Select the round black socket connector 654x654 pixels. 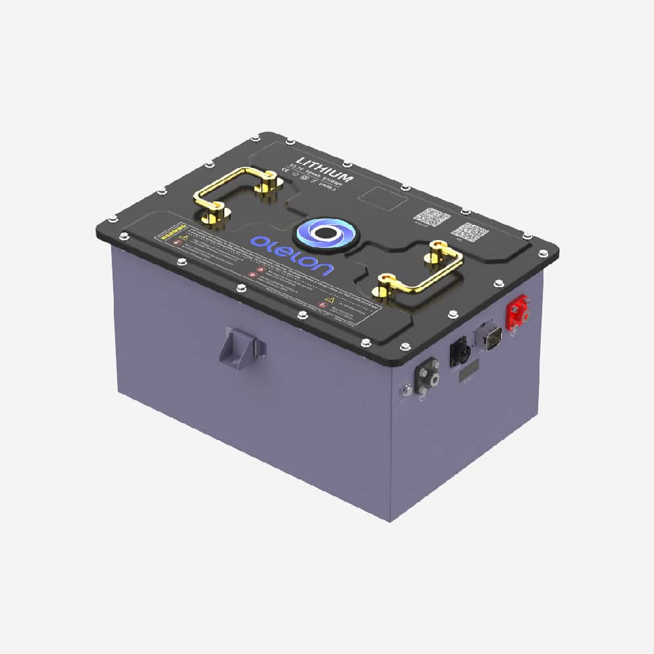457,354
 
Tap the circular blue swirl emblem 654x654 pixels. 322,233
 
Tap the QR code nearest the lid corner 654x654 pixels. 468,232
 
